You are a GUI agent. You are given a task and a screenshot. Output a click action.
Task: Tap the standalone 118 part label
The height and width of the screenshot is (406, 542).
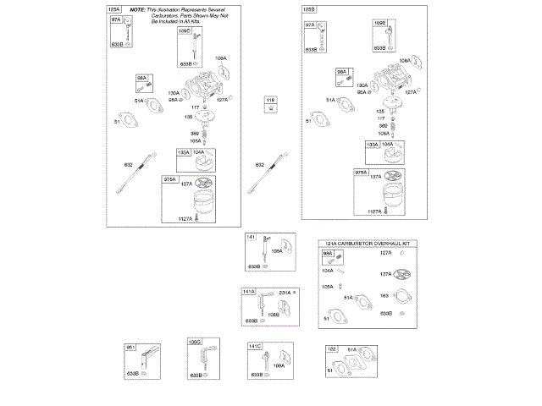(x=271, y=101)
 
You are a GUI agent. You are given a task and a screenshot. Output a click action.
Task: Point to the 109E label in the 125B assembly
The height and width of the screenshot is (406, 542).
(x=380, y=24)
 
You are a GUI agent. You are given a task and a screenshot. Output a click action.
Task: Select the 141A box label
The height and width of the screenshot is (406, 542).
(x=249, y=292)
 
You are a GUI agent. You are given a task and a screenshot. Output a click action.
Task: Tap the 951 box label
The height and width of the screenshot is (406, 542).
(x=131, y=348)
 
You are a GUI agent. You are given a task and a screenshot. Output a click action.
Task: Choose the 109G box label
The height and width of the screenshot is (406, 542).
(x=194, y=342)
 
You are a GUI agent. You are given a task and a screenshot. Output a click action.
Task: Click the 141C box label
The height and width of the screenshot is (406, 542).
(x=255, y=346)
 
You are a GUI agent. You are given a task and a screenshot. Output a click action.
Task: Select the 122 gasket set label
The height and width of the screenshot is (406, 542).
(x=331, y=348)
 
